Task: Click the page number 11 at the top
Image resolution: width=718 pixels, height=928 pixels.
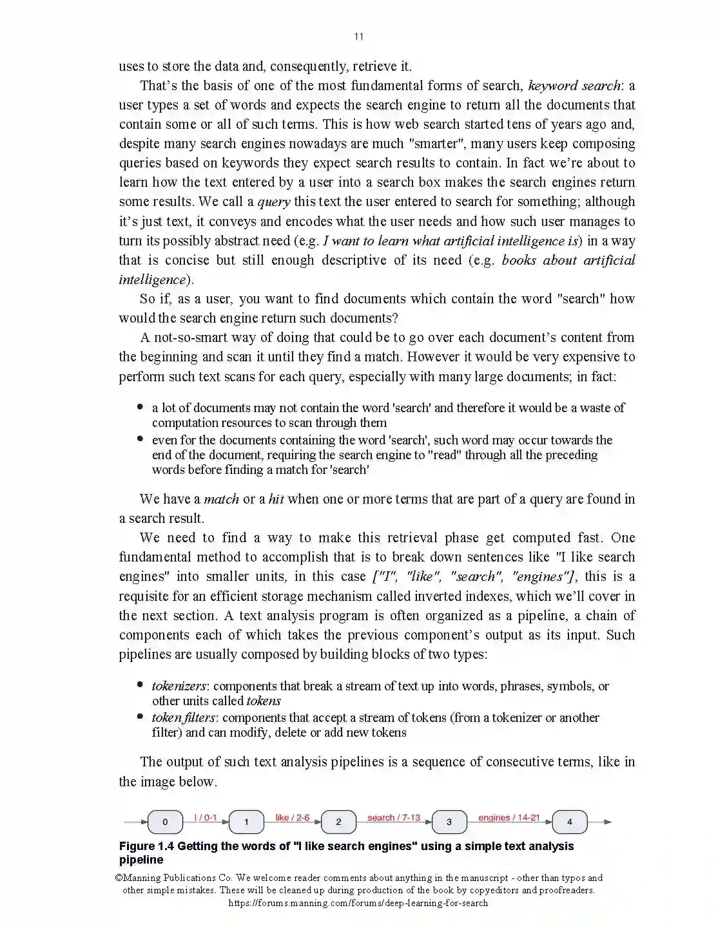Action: pos(359,37)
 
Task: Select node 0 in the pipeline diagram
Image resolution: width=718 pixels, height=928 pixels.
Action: pos(165,822)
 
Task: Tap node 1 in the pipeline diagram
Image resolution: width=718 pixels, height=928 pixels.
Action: pos(246,822)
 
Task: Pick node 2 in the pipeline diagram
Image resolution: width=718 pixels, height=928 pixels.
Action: pos(338,822)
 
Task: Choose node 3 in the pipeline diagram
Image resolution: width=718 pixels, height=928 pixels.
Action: pos(449,822)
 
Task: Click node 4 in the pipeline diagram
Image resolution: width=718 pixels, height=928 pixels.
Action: pos(569,822)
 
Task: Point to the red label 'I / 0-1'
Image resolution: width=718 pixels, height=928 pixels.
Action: pos(206,817)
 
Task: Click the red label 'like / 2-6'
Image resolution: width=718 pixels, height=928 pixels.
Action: pos(293,817)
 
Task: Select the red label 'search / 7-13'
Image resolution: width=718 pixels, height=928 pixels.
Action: pos(394,817)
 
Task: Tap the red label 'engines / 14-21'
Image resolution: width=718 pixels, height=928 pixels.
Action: pos(509,817)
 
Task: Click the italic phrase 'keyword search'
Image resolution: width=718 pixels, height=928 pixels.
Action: pos(574,86)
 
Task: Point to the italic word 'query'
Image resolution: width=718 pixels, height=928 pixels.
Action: pos(274,202)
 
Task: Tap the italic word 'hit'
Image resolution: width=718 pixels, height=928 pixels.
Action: pos(276,499)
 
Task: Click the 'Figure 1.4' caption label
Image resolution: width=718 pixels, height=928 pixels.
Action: pos(146,846)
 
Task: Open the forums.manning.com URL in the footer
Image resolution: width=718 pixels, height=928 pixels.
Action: pos(358,903)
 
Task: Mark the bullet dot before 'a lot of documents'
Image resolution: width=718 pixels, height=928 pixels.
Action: pos(140,407)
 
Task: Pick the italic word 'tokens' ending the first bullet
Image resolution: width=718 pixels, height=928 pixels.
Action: pos(264,701)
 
